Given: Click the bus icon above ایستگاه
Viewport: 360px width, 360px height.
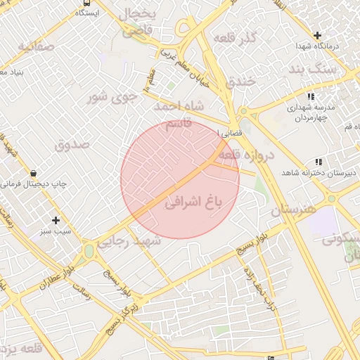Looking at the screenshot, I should pyautogui.click(x=86, y=3).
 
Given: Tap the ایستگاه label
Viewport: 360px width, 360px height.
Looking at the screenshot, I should pyautogui.click(x=87, y=13).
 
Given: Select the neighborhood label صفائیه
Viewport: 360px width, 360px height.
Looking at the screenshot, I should pyautogui.click(x=36, y=46).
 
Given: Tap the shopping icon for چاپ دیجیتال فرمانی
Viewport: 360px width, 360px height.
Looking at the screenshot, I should pyautogui.click(x=33, y=173).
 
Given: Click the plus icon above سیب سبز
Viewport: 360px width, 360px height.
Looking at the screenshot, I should pyautogui.click(x=56, y=220).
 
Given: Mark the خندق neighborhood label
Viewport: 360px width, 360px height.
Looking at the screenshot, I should pyautogui.click(x=239, y=81).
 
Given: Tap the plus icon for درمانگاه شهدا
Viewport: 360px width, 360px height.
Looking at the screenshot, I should pyautogui.click(x=318, y=34).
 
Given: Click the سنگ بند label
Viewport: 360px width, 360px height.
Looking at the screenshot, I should pyautogui.click(x=314, y=69).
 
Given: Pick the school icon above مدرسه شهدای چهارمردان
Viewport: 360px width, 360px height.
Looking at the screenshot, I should pyautogui.click(x=311, y=96).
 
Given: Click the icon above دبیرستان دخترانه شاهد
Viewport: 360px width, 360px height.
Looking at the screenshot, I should pyautogui.click(x=319, y=162).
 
